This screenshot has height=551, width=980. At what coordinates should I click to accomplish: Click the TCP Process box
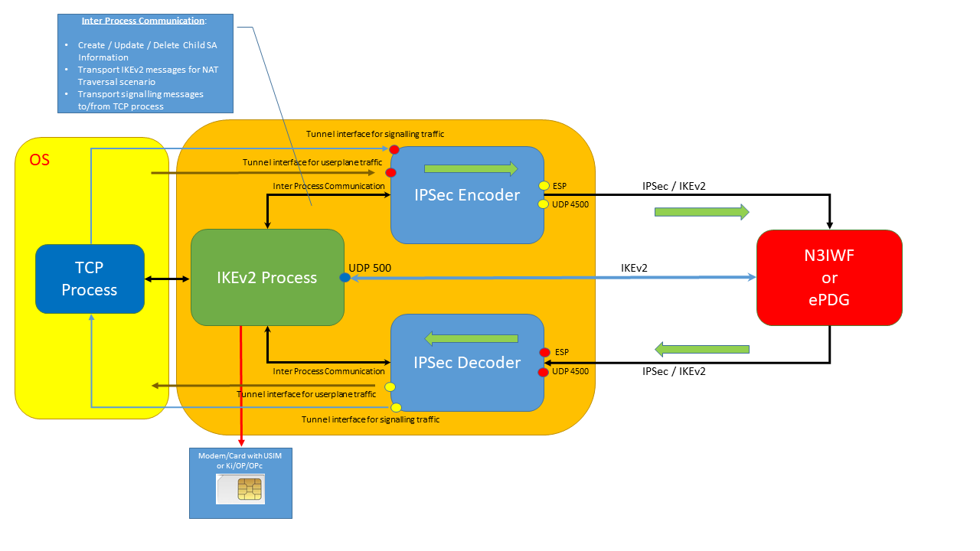(90, 279)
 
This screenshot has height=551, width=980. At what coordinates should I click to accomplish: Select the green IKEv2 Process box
(267, 277)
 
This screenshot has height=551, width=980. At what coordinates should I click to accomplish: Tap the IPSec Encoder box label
(466, 195)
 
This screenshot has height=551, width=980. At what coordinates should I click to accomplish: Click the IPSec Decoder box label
(466, 363)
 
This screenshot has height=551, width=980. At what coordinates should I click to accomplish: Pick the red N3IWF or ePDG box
(829, 278)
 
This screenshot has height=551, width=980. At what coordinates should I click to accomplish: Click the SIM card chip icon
(248, 489)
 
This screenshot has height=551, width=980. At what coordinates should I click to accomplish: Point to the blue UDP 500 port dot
(345, 278)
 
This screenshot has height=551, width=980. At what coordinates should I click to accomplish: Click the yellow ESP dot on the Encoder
(544, 185)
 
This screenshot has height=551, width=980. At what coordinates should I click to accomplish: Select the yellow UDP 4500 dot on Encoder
(544, 204)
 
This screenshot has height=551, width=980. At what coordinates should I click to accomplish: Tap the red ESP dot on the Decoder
(544, 353)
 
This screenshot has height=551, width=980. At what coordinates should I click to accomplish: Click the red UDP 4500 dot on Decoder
(544, 372)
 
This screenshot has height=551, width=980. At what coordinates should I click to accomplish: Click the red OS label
(40, 160)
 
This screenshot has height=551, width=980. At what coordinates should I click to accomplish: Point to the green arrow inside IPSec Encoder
(471, 169)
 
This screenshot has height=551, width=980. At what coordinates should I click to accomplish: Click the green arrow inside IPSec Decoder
(472, 338)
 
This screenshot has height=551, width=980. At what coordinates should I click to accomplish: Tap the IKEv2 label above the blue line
(634, 268)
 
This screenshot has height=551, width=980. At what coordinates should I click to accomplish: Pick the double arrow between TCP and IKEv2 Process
(167, 279)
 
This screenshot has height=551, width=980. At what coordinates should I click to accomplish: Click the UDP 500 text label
(371, 269)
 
